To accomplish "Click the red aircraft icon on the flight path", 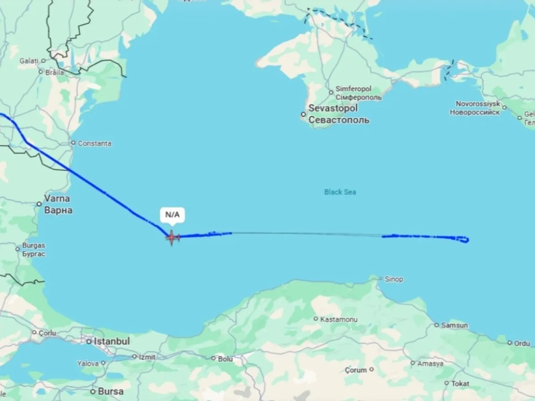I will (172, 237).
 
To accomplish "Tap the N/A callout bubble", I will (173, 215).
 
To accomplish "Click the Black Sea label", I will (340, 192).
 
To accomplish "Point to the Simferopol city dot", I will (331, 93).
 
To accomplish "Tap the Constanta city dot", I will (73, 143).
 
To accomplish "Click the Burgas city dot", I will (18, 249).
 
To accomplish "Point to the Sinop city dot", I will (380, 279).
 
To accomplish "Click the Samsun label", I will (454, 325).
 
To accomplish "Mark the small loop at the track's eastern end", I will (464, 240).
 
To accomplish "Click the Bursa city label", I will (111, 392).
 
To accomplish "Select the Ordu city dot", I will (510, 343).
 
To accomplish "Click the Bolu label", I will (225, 358).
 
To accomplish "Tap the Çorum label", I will (356, 370).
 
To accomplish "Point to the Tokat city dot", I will (446, 383).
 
